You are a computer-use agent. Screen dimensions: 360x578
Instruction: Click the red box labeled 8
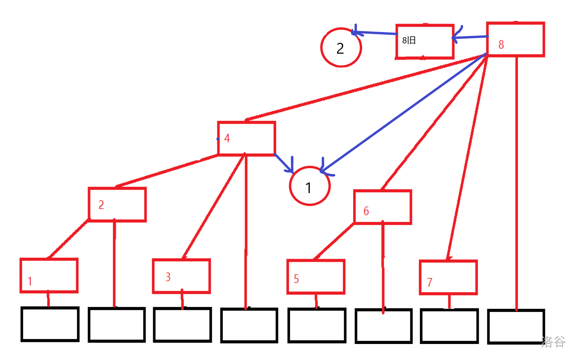[515, 39]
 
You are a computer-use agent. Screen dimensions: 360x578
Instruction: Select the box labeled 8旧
[425, 41]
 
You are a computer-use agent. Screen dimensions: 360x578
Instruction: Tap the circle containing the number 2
[341, 48]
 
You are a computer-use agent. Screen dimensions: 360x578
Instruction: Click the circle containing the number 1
[310, 186]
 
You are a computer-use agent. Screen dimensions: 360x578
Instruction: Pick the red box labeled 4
[246, 138]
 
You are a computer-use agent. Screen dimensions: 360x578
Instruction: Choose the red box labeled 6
[382, 207]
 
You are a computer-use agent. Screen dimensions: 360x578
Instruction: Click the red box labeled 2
[117, 204]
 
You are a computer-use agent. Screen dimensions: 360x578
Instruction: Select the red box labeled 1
[49, 276]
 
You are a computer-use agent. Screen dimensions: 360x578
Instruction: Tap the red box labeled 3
[181, 276]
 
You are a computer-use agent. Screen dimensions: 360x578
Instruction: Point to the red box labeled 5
[316, 277]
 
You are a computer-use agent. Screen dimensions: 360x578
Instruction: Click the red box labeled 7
[448, 278]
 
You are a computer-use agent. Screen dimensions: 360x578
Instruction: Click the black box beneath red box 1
[50, 324]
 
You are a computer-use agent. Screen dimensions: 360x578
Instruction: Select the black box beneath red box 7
[449, 326]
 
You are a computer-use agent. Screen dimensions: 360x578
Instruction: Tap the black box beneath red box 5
[317, 325]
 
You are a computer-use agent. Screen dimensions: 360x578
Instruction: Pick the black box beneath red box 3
[182, 325]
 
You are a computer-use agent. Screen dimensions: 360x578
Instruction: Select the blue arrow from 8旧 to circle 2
[375, 33]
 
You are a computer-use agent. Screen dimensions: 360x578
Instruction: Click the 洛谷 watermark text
[553, 342]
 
